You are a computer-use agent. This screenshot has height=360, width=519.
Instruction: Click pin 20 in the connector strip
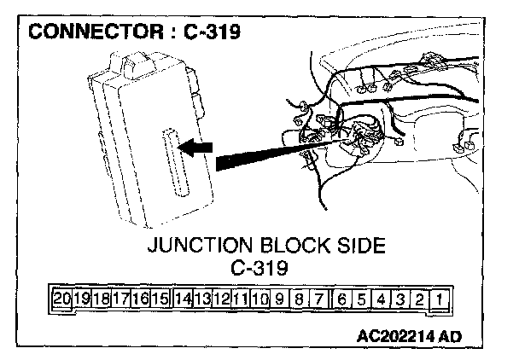pyautogui.click(x=61, y=299)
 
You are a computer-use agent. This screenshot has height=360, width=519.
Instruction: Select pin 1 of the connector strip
pyautogui.click(x=437, y=299)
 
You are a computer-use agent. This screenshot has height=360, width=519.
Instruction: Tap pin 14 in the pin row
pyautogui.click(x=182, y=299)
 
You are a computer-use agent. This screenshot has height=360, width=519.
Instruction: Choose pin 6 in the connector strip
pyautogui.click(x=342, y=299)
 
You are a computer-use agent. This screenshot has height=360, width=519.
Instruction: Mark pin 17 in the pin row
pyautogui.click(x=120, y=299)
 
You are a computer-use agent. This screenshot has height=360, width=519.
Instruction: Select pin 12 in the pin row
pyautogui.click(x=221, y=299)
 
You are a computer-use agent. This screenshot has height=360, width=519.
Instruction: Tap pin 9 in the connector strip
pyautogui.click(x=281, y=299)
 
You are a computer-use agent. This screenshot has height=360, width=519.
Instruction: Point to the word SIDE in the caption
pyautogui.click(x=362, y=247)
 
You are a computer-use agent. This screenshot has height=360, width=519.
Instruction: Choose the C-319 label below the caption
pyautogui.click(x=259, y=267)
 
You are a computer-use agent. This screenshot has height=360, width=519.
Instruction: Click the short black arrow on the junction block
pyautogui.click(x=195, y=148)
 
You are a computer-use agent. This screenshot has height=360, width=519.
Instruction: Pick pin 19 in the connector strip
pyautogui.click(x=82, y=299)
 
